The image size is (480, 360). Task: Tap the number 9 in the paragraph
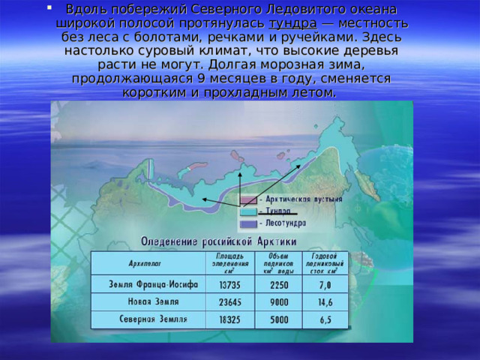pos(201,79)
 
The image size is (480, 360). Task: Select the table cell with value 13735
pos(229,285)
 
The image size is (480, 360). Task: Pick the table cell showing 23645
pos(229,302)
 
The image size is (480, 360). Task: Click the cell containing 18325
pos(229,319)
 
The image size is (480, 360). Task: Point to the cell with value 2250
pos(278,285)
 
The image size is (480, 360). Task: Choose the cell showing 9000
pos(278,302)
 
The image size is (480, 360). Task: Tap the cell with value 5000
pos(278,319)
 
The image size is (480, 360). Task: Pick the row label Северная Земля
pos(148,319)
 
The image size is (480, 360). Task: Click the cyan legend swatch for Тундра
pos(248,211)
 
